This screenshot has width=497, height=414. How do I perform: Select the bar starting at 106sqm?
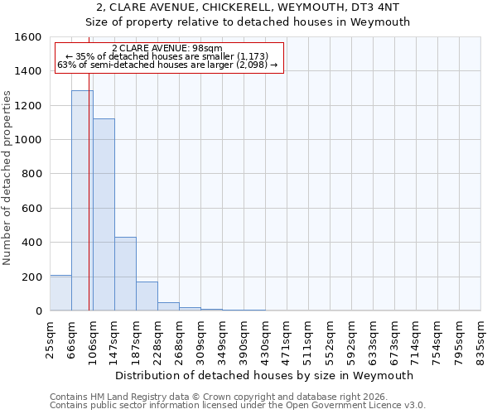pyautogui.click(x=104, y=214)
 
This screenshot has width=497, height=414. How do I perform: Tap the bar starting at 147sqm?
pyautogui.click(x=125, y=273)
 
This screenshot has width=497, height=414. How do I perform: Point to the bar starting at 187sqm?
pyautogui.click(x=147, y=296)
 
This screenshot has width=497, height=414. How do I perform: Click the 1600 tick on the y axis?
pyautogui.click(x=30, y=37)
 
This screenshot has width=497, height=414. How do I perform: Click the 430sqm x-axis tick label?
pyautogui.click(x=265, y=340)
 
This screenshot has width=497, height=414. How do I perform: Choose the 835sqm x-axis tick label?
pyautogui.click(x=480, y=340)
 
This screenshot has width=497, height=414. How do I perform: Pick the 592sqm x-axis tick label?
pyautogui.click(x=351, y=340)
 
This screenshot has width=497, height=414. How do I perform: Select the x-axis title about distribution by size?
pyautogui.click(x=265, y=375)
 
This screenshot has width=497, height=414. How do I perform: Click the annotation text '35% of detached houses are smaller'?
pyautogui.click(x=169, y=56)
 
